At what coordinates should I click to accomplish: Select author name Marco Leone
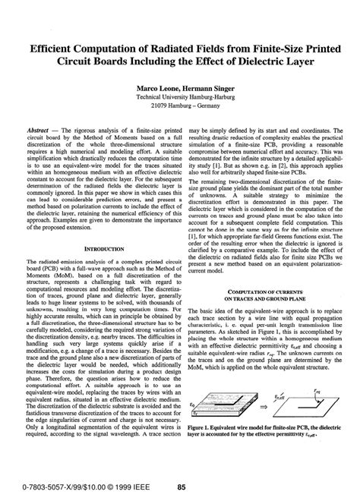click(x=155, y=89)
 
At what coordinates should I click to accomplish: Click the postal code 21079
click(x=152, y=107)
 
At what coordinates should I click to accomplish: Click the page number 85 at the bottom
click(x=182, y=487)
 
